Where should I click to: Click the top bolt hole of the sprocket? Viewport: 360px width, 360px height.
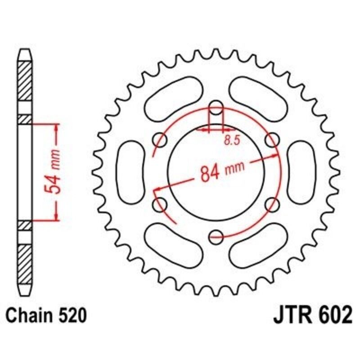click(216, 108)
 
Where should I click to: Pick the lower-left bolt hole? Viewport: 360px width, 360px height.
click(159, 205)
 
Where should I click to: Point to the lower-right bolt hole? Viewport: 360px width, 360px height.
click(271, 205)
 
